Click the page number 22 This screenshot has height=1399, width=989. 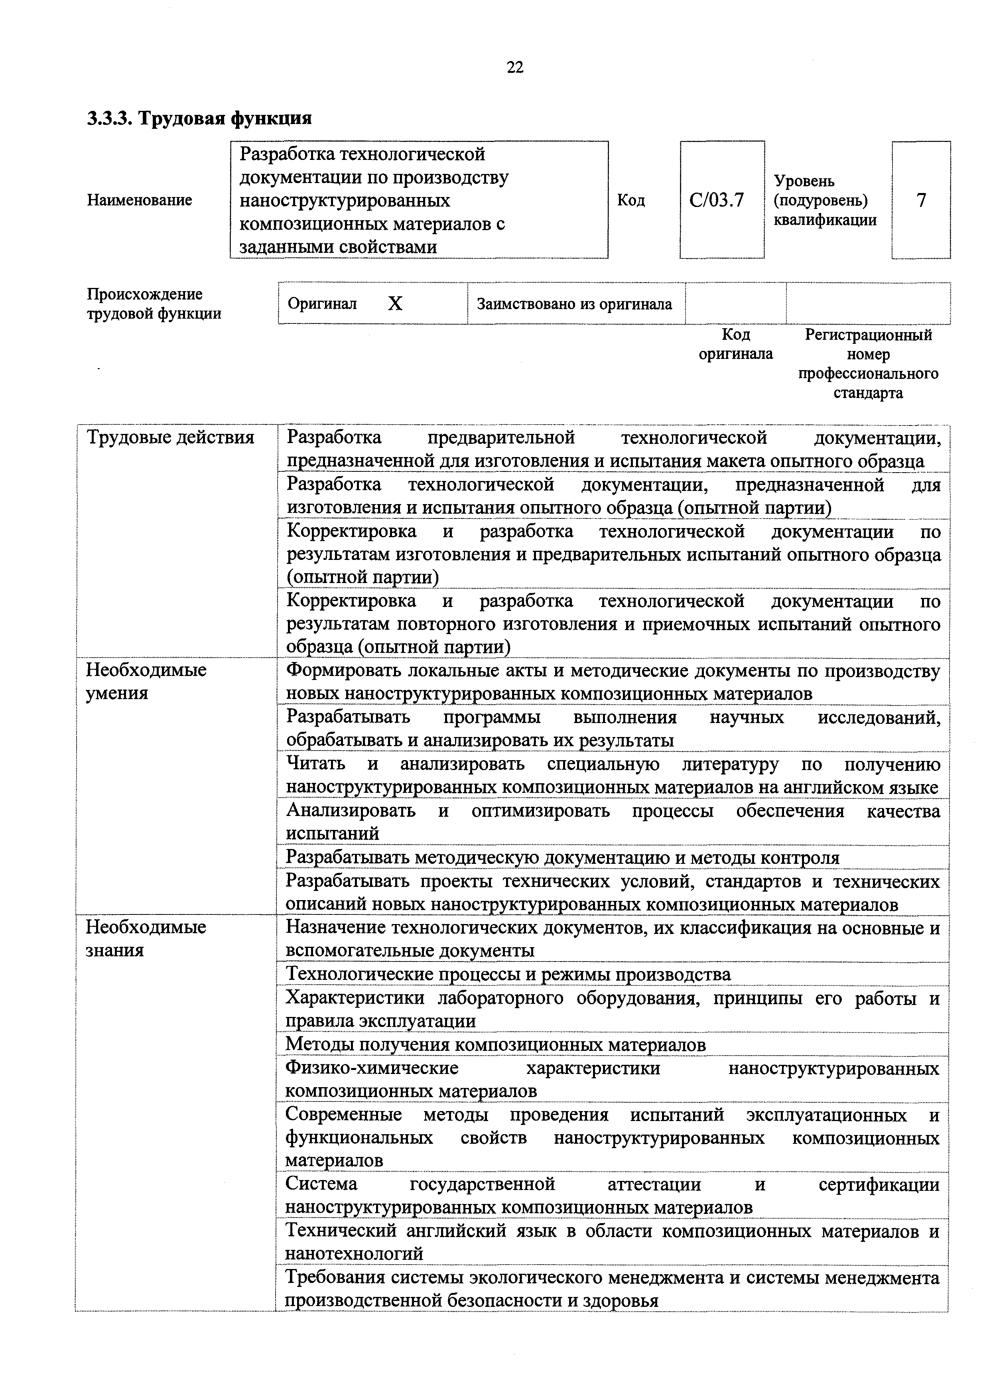[515, 67]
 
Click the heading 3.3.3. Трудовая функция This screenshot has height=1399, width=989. [199, 118]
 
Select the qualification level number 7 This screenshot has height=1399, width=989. [921, 200]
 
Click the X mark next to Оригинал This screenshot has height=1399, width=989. [396, 303]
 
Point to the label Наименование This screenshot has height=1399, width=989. [140, 200]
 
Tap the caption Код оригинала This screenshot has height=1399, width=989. [735, 344]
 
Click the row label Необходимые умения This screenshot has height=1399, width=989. [146, 681]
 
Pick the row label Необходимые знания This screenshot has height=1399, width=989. [146, 938]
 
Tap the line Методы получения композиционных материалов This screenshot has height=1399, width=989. [495, 1044]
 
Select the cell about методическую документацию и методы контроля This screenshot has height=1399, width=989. [562, 857]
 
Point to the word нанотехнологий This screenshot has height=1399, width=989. [354, 1253]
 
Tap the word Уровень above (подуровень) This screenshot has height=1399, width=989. [804, 181]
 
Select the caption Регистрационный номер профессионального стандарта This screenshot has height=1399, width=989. [868, 364]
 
